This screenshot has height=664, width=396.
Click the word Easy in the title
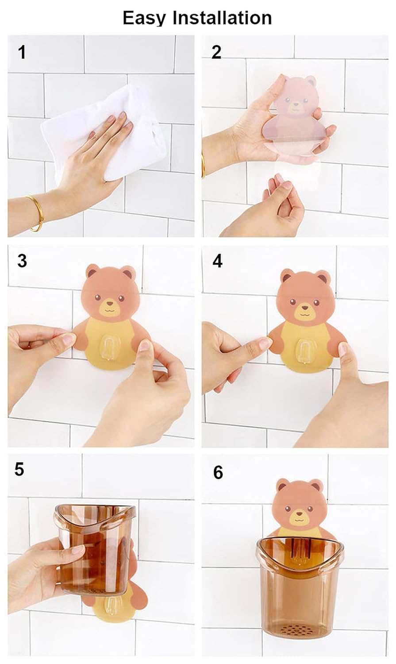click(144, 18)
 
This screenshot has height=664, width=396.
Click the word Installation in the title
click(222, 18)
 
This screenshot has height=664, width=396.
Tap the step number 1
click(21, 53)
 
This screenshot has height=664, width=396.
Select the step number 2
click(216, 52)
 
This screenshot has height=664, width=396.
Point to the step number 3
click(22, 261)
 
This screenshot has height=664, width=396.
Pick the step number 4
click(217, 261)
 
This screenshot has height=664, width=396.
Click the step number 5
click(19, 469)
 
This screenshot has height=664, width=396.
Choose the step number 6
click(218, 472)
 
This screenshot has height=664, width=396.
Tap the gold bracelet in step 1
click(35, 212)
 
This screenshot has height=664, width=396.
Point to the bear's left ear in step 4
click(288, 276)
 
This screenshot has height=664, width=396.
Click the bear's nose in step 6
click(300, 514)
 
